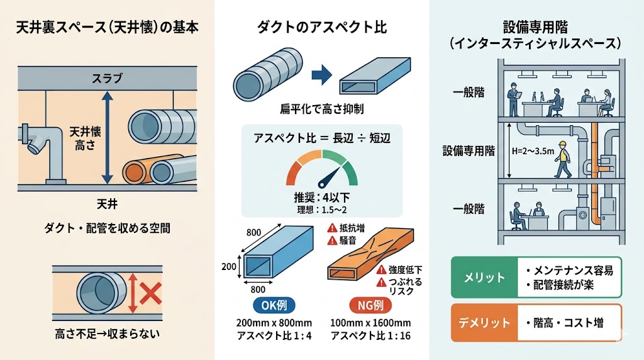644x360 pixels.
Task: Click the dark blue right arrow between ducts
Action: [x=321, y=76]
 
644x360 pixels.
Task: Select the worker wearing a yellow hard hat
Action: [x=562, y=160]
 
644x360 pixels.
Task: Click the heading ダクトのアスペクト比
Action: [x=322, y=28]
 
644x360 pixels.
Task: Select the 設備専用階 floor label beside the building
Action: [x=469, y=151]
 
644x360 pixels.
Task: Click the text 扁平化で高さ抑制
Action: [x=321, y=110]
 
